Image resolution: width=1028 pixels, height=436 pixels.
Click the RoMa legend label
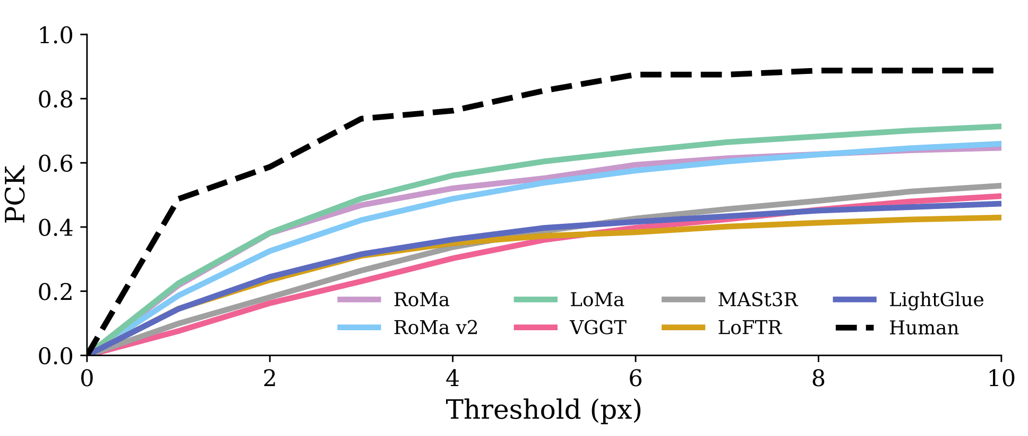[421, 300]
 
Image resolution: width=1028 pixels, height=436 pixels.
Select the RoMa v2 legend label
[435, 328]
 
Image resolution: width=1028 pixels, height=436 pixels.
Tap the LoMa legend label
[597, 300]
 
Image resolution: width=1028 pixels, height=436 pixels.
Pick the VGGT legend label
[598, 328]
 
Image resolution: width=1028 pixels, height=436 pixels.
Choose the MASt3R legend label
[758, 300]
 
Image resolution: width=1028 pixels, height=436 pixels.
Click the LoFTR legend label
[750, 328]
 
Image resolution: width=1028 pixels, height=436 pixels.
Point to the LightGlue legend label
[936, 300]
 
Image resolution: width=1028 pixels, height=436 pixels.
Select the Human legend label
[924, 328]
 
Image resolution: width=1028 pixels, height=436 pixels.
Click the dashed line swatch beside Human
[854, 328]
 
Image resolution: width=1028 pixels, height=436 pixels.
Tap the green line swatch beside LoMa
[535, 300]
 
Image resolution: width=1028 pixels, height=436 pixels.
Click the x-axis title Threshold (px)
[544, 410]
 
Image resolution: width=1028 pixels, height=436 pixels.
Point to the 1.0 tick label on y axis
[55, 36]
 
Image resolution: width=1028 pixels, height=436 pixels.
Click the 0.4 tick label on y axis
[55, 228]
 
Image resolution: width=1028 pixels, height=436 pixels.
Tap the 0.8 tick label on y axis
[55, 100]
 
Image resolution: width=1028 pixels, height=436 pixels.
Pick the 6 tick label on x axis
[636, 379]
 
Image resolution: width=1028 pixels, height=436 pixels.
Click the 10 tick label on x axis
[1001, 379]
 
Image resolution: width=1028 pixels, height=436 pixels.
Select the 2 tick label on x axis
[270, 379]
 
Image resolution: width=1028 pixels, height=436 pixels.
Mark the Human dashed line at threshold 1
[178, 199]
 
